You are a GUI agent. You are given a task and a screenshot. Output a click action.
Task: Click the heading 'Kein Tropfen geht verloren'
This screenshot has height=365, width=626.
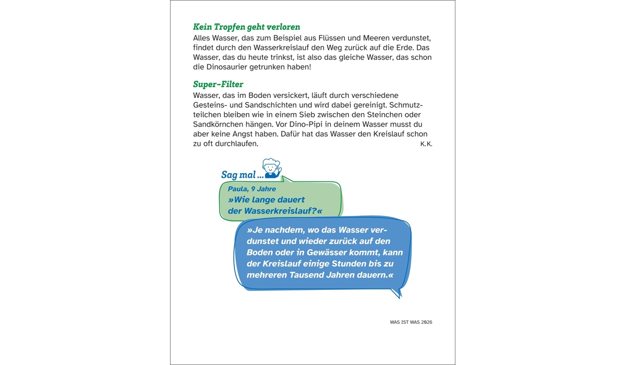pos(246,27)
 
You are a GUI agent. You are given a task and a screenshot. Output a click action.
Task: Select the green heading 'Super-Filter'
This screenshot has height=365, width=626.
pos(218,84)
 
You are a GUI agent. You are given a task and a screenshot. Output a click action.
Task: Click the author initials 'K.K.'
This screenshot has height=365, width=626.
pos(426,144)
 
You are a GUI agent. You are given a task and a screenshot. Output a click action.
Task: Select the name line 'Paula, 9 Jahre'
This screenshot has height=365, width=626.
pos(252,189)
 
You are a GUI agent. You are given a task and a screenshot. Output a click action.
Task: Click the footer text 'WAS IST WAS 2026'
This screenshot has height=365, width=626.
pos(411,322)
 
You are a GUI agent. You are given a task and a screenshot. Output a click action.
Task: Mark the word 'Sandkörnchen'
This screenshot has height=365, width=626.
pos(219,124)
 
